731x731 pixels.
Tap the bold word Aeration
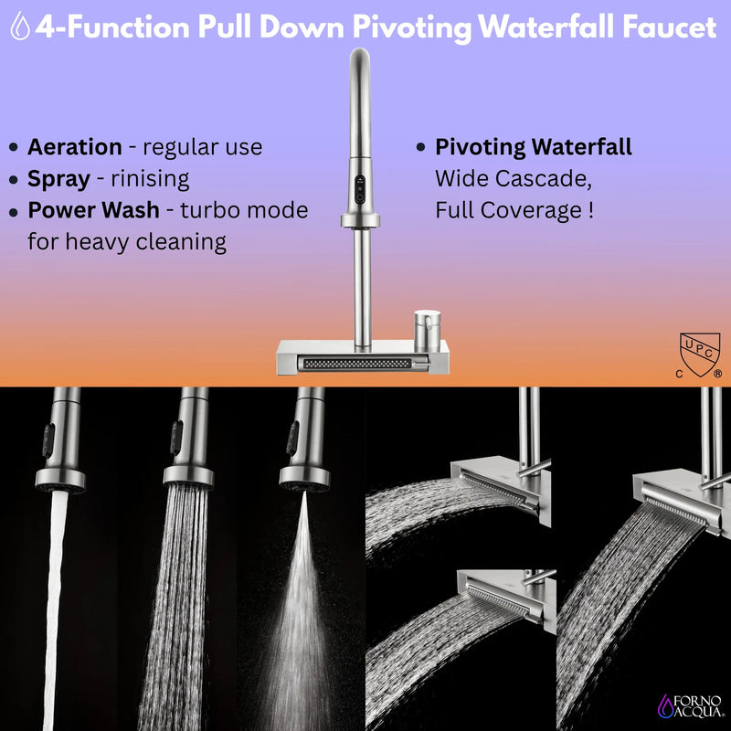coord(74,147)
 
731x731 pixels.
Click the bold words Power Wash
coord(93,210)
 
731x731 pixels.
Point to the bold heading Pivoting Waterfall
coord(533,147)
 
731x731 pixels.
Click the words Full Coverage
coord(507,210)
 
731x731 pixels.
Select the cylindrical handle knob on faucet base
coord(426,328)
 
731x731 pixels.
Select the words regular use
coord(203,147)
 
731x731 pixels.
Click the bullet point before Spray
coord(14,180)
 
